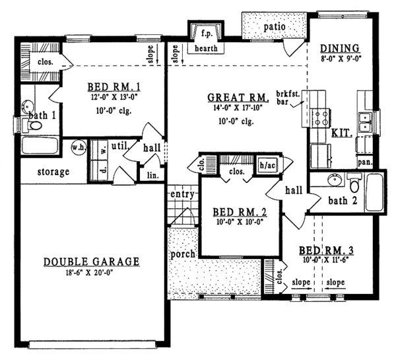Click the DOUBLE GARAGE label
click(x=92, y=262)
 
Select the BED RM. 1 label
click(x=115, y=87)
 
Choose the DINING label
click(x=339, y=48)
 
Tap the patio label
click(x=275, y=26)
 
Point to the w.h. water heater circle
click(x=77, y=148)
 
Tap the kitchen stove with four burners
click(x=321, y=117)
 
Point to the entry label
click(x=181, y=195)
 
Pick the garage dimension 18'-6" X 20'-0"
click(x=92, y=273)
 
